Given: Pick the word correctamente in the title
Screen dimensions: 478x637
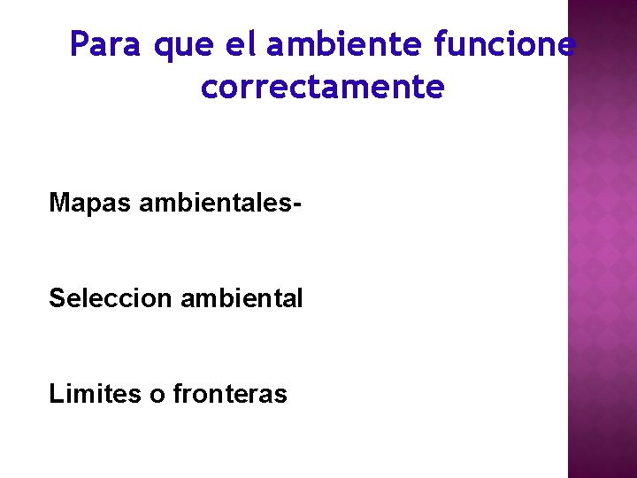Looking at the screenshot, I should coord(323,88).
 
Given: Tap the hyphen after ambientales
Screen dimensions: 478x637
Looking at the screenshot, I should coord(297,205).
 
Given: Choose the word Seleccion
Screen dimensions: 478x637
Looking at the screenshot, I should coord(111,298).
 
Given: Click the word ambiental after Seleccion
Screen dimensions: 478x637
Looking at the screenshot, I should coord(242,298).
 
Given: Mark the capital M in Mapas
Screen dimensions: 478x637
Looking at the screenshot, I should coord(60,203).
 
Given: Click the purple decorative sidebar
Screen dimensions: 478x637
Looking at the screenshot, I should coord(602,266).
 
